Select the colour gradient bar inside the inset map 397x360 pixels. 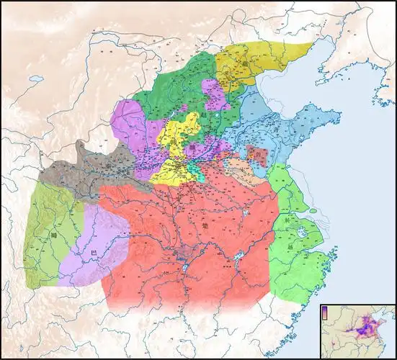326,312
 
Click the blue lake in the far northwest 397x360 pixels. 36,77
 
